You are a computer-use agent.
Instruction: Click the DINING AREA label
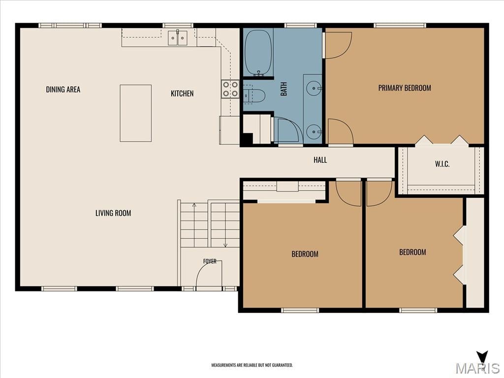point(63,90)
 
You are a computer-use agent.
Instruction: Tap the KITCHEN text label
point(182,94)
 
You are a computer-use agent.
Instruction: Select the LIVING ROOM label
point(113,213)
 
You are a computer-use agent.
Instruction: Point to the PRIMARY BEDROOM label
point(405,88)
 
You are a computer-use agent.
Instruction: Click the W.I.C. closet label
point(442,164)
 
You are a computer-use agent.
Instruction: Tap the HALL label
point(320,160)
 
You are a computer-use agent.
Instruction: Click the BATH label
point(284,89)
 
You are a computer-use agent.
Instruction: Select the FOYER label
point(210,261)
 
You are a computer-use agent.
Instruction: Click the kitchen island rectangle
point(136,113)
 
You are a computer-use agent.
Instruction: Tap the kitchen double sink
point(178,38)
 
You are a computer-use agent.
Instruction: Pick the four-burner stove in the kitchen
point(230,89)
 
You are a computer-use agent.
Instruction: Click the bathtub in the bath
point(258,53)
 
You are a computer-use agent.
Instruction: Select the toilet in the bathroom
point(254,95)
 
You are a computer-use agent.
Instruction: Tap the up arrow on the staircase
point(194,225)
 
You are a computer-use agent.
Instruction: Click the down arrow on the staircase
point(225,225)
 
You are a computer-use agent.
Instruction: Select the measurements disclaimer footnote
point(252,365)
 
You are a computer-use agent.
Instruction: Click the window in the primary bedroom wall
point(400,25)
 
